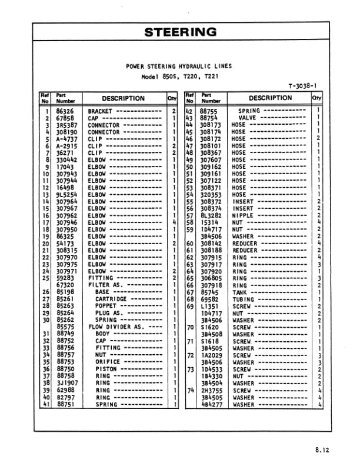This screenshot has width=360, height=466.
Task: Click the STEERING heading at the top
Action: point(180,32)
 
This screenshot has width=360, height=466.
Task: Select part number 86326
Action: point(64,111)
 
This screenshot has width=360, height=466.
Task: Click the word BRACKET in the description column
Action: point(100,111)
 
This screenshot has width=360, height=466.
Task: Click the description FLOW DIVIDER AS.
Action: point(111,326)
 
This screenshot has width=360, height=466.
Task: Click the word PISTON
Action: point(106,368)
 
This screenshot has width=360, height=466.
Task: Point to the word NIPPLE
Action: point(242,215)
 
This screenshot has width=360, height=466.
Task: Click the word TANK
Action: point(239,292)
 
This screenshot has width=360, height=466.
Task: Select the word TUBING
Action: point(242,299)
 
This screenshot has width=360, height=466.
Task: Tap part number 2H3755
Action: point(210,390)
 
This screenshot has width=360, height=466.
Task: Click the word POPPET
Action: point(106,305)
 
